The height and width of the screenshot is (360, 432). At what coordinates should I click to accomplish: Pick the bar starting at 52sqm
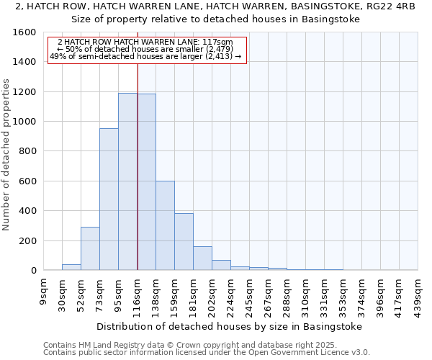[90, 248]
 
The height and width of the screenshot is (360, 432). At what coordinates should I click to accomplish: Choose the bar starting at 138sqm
[165, 225]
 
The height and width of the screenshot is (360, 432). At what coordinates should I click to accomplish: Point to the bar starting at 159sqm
[184, 242]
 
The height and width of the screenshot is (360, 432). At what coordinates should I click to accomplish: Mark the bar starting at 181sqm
[202, 258]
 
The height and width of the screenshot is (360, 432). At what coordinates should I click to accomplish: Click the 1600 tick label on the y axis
[24, 32]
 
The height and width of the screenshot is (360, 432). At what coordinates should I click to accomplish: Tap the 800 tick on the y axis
[27, 151]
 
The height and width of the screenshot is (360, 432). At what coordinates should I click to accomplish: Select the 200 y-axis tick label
[27, 240]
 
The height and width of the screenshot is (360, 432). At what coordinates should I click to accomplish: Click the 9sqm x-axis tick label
[44, 292]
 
